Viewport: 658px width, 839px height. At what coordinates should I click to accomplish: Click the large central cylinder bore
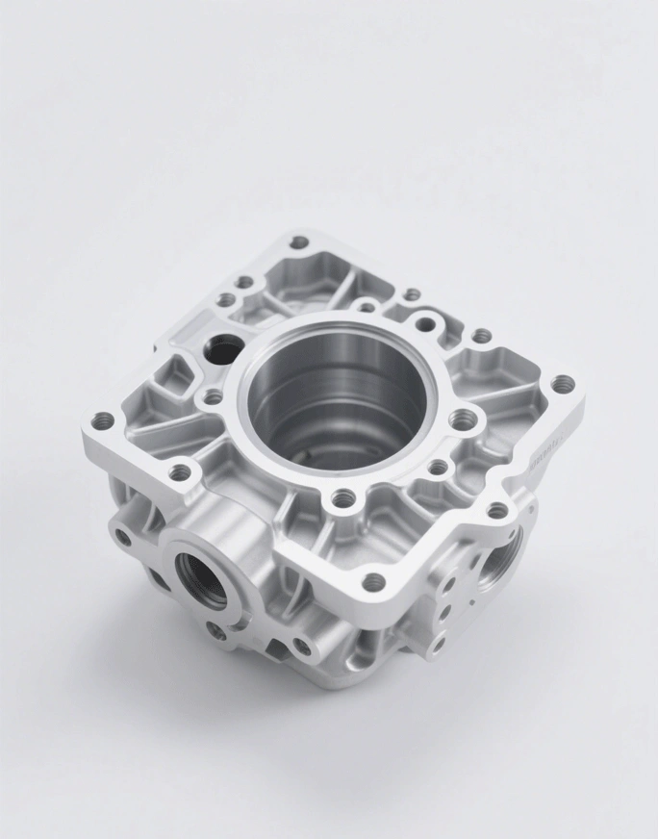click(x=335, y=394)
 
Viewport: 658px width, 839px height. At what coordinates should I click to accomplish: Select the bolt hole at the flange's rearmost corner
click(x=300, y=242)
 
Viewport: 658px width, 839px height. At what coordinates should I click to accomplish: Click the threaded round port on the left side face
click(x=200, y=576)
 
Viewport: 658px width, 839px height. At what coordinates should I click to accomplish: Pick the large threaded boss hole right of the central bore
click(x=464, y=419)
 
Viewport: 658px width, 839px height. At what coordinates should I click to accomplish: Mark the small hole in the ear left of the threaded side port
click(x=123, y=537)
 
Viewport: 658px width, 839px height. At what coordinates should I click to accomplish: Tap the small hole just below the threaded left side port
click(x=216, y=632)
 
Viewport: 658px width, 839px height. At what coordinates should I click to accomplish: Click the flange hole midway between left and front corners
click(x=180, y=472)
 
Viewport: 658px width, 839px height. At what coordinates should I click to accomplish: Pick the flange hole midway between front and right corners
click(x=497, y=511)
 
